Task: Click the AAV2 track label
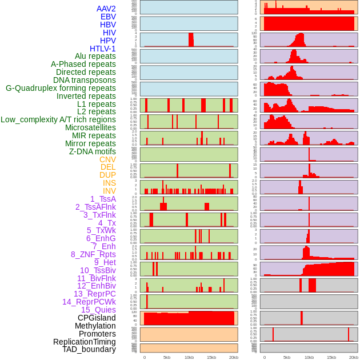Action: click(106, 9)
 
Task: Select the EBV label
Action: click(108, 17)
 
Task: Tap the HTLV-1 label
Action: click(102, 49)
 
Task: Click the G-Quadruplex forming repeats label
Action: click(61, 88)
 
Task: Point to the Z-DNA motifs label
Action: click(92, 151)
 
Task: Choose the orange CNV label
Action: click(107, 159)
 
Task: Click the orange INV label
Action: click(109, 191)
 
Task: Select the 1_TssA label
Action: click(103, 199)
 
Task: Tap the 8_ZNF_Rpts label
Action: click(93, 254)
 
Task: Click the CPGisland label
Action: click(97, 318)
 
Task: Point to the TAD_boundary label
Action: click(89, 349)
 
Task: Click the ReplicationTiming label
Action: click(84, 342)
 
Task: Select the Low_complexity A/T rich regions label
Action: click(58, 119)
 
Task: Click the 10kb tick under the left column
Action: click(189, 357)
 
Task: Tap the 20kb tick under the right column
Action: click(354, 357)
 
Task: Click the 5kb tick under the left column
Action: click(167, 357)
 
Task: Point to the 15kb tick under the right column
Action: click(331, 357)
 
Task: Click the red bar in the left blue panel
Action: click(191, 39)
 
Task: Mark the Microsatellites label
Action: click(90, 127)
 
